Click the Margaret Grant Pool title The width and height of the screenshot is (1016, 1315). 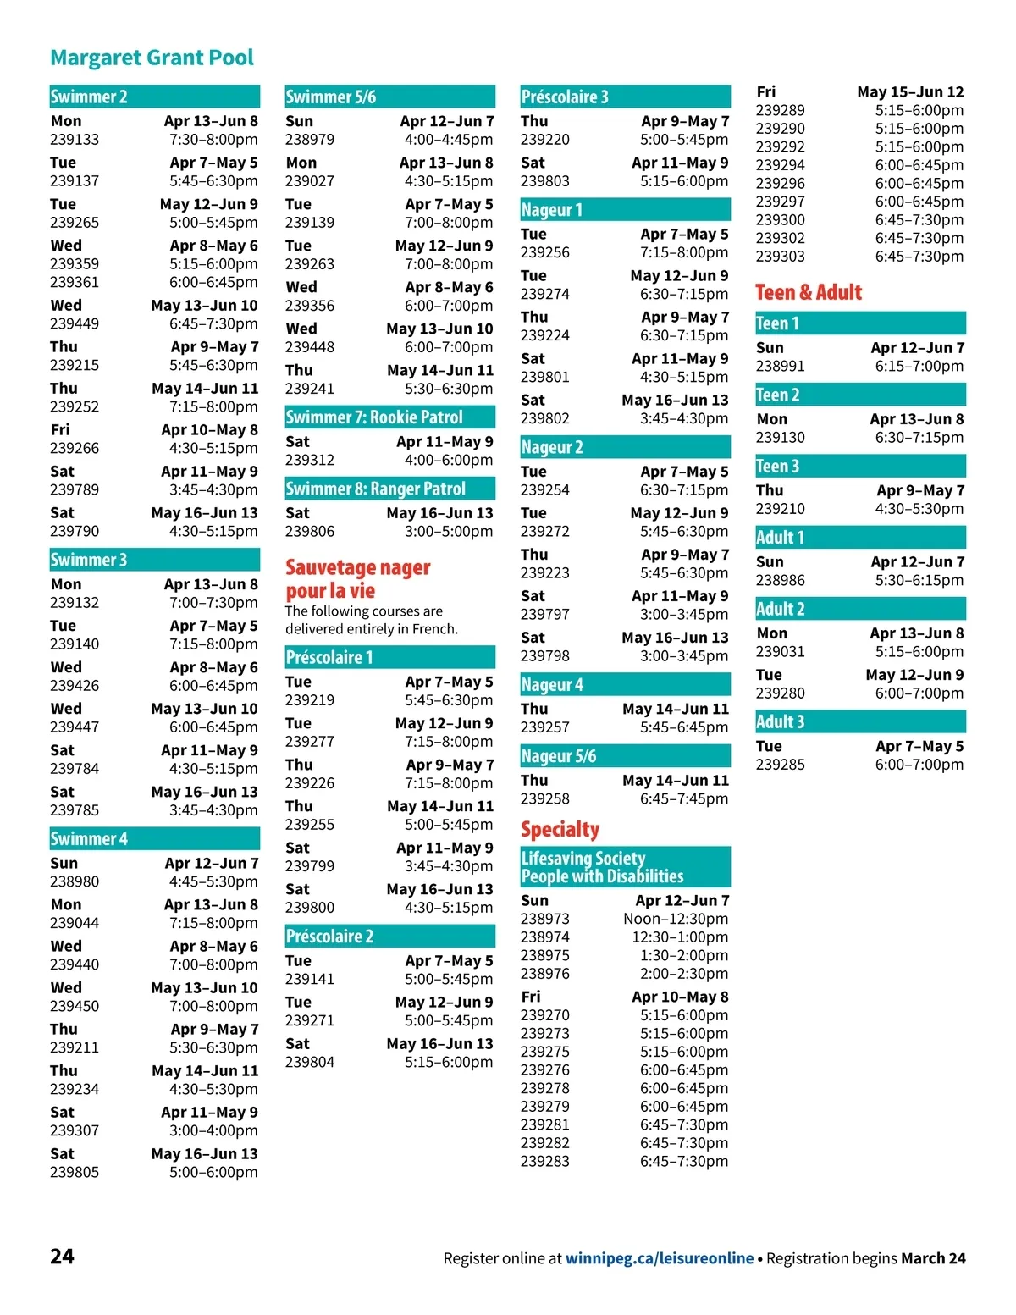coord(152,58)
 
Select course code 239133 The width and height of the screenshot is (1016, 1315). coord(75,140)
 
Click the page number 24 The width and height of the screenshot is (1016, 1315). coord(62,1256)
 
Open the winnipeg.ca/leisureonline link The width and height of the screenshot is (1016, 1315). coord(659,1258)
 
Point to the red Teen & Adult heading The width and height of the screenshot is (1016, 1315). coord(809,292)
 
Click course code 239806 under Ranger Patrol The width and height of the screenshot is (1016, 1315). coord(310,532)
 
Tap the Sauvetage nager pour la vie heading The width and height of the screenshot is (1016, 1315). coord(358,578)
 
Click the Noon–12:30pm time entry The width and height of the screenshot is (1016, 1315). coord(676,919)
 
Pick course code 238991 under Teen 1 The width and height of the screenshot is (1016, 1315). coord(781,367)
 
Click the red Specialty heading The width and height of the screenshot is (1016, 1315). coord(560,830)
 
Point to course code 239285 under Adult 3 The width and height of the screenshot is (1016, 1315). coord(781,765)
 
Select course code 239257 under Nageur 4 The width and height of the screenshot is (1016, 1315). coord(545,727)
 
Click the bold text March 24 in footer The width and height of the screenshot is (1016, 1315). coord(933,1258)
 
